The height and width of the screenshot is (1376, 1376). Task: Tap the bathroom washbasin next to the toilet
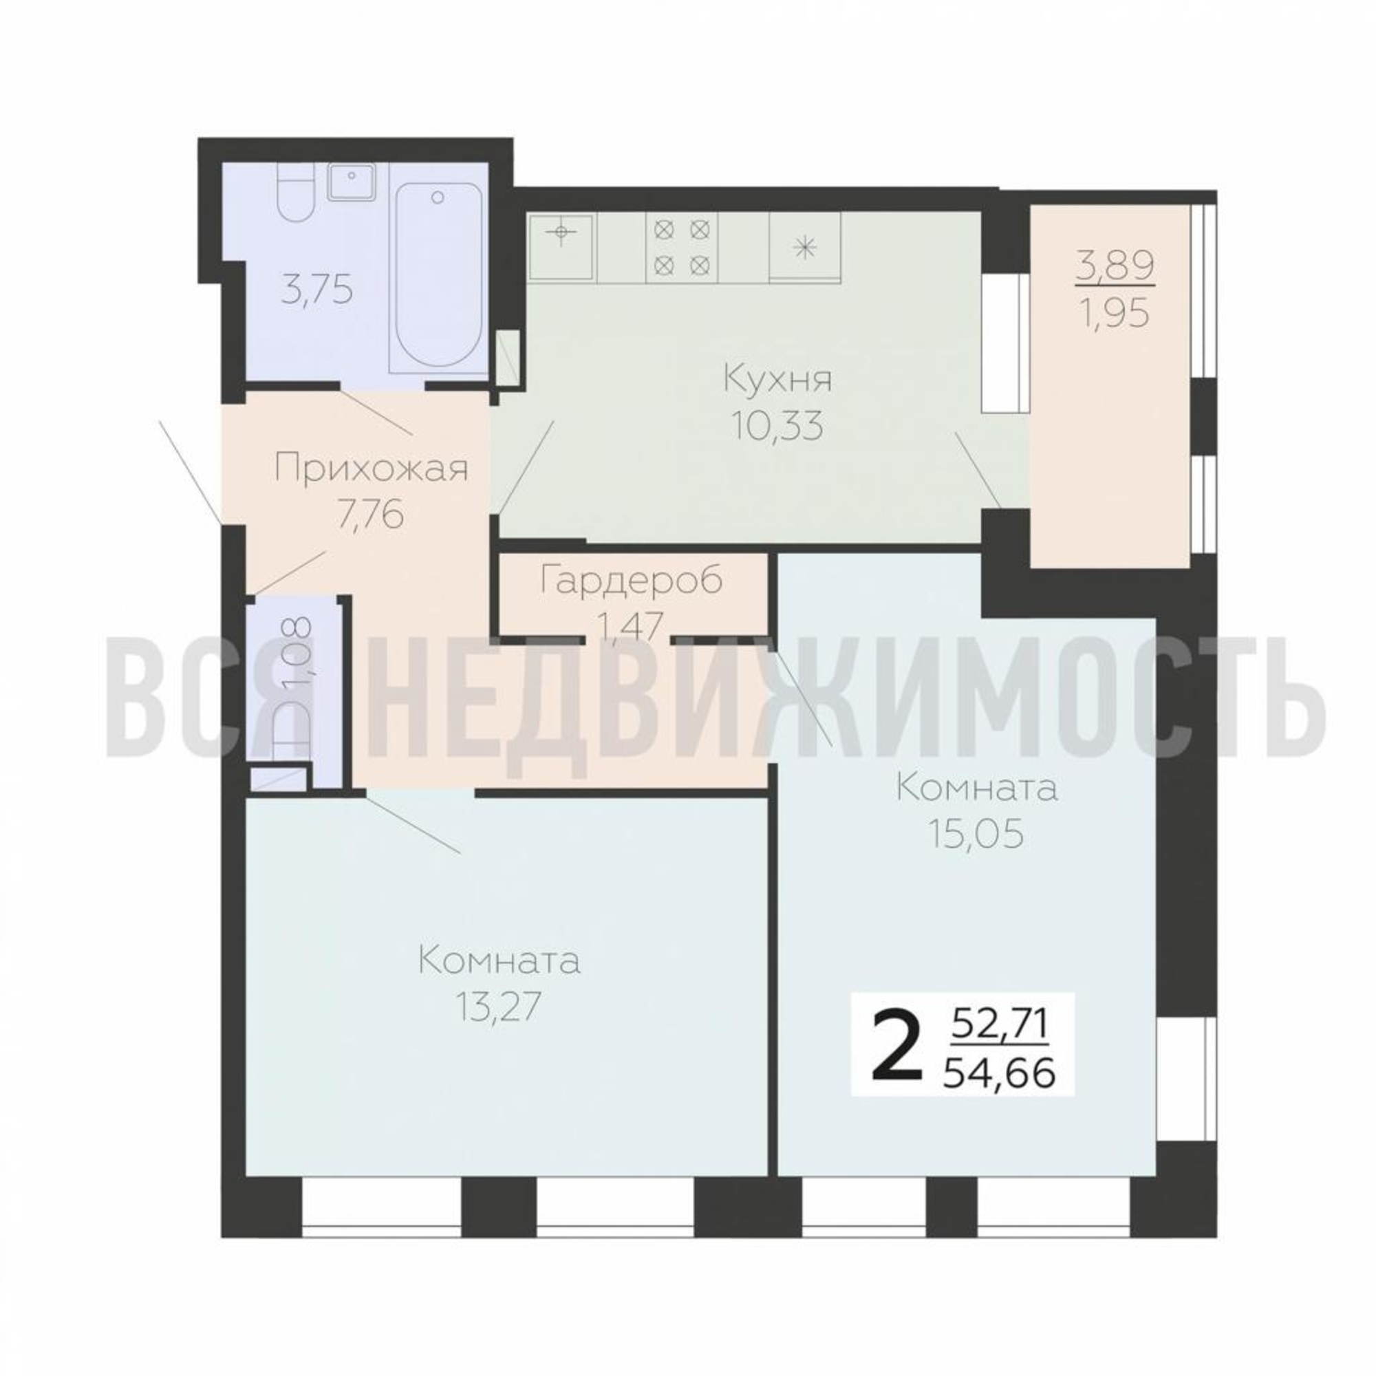tap(351, 182)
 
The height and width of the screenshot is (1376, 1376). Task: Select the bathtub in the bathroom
tap(438, 277)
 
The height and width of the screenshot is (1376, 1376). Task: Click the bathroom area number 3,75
tap(317, 291)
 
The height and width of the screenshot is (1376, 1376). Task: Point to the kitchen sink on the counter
tap(561, 245)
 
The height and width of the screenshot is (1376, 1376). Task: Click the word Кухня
tap(777, 380)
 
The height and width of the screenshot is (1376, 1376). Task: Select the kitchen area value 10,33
tap(777, 427)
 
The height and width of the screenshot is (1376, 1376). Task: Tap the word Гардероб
tap(631, 580)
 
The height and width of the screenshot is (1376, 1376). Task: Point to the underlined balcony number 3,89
tap(1115, 268)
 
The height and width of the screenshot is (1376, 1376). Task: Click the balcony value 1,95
tap(1115, 311)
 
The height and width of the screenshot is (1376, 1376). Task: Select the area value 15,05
tap(976, 834)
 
